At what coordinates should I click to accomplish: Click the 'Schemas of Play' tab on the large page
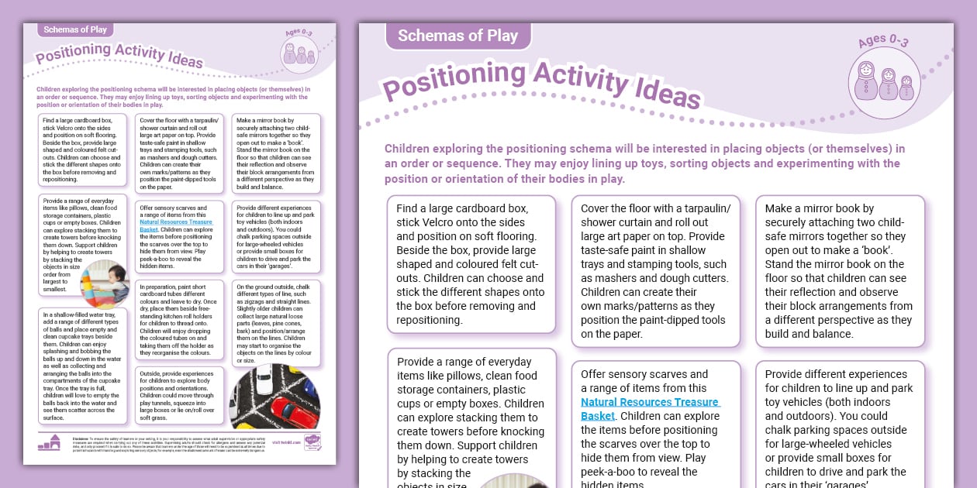pos(457,35)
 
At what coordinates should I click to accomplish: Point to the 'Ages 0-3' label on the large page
pos(883,40)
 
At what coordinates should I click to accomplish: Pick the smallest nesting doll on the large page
pos(906,88)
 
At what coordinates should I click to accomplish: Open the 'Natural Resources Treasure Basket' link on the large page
pos(650,409)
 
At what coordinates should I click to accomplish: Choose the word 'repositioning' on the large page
pos(430,320)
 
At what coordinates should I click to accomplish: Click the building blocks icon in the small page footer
pos(49,443)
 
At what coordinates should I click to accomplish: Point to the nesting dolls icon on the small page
pos(299,54)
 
